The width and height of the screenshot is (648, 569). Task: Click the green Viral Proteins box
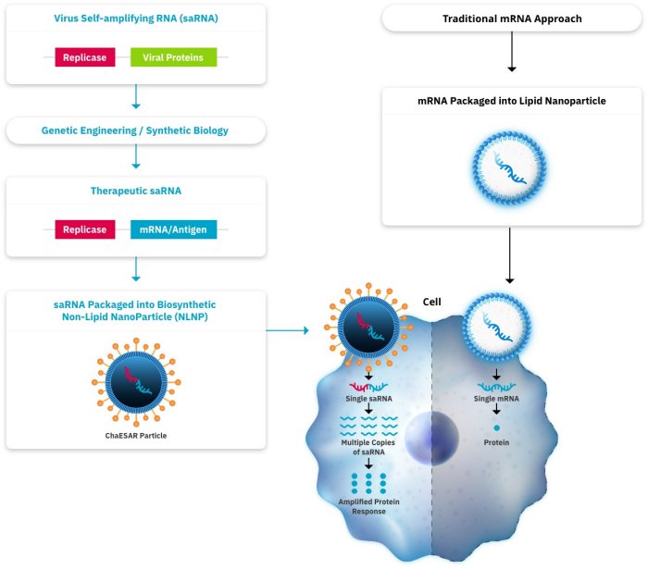pyautogui.click(x=173, y=57)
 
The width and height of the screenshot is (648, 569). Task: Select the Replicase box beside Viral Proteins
pyautogui.click(x=85, y=57)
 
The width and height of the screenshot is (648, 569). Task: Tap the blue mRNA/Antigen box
pyautogui.click(x=173, y=230)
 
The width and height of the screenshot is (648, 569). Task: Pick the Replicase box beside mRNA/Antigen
pyautogui.click(x=85, y=230)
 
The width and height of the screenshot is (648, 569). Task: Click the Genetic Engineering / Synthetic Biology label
pyautogui.click(x=135, y=130)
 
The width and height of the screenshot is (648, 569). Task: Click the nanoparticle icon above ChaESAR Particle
pyautogui.click(x=136, y=380)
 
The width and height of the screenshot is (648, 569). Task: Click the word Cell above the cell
pyautogui.click(x=431, y=302)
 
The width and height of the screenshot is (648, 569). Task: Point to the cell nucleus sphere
pyautogui.click(x=430, y=433)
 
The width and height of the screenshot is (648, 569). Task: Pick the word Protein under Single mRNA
pyautogui.click(x=497, y=442)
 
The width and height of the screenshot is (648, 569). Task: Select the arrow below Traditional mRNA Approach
pyautogui.click(x=511, y=55)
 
